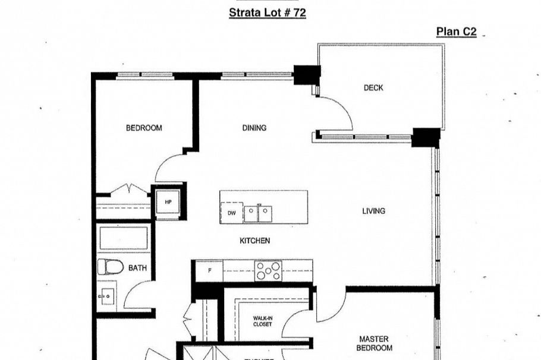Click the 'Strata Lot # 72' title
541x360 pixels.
pyautogui.click(x=268, y=12)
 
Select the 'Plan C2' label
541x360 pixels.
pyautogui.click(x=456, y=31)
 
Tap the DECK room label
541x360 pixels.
pyautogui.click(x=373, y=88)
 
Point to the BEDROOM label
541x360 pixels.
pyautogui.click(x=143, y=128)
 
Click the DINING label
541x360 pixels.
pyautogui.click(x=254, y=128)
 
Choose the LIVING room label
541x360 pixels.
pyautogui.click(x=373, y=211)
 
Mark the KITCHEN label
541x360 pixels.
pyautogui.click(x=254, y=241)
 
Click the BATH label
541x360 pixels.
pyautogui.click(x=137, y=268)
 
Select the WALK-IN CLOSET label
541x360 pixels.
pyautogui.click(x=262, y=321)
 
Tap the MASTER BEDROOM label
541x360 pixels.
pyautogui.click(x=375, y=343)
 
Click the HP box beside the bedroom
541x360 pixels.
pyautogui.click(x=168, y=202)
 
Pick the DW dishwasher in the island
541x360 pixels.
pyautogui.click(x=231, y=213)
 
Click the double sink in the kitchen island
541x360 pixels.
pyautogui.click(x=259, y=213)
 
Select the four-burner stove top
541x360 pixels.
pyautogui.click(x=268, y=271)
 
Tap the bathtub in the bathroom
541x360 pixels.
pyautogui.click(x=123, y=238)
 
